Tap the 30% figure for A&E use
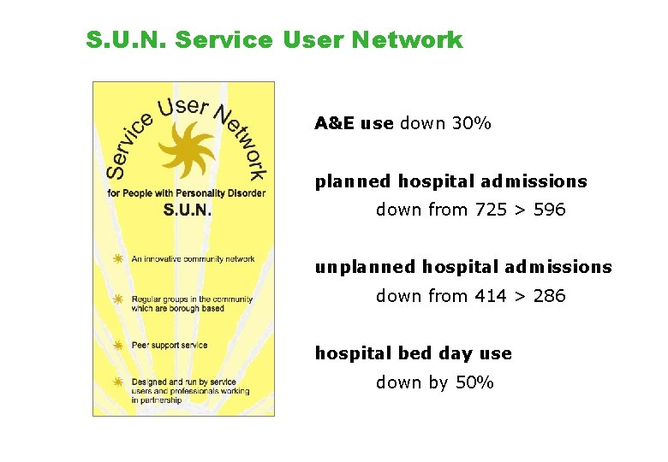click(471, 123)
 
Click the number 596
click(549, 210)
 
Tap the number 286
click(549, 296)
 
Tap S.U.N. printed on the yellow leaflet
click(187, 210)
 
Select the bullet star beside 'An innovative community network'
click(119, 258)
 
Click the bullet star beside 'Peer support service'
click(119, 346)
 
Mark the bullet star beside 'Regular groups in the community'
click(119, 299)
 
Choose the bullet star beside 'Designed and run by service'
click(119, 382)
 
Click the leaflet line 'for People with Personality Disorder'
click(186, 193)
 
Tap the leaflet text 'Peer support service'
click(170, 346)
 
